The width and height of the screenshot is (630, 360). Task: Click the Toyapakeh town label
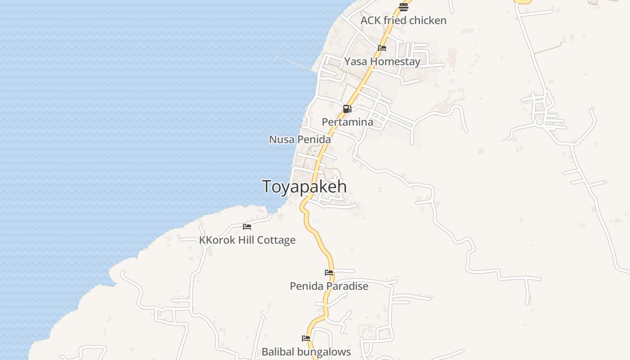304,187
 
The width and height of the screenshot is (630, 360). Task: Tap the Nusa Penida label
300,139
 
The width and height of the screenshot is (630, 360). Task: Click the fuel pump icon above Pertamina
347,109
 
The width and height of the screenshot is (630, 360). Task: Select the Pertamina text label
347,122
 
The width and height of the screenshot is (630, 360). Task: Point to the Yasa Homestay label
382,62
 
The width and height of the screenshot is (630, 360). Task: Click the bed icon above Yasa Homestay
382,48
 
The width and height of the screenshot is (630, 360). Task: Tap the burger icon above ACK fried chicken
403,7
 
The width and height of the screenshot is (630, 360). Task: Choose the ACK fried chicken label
403,21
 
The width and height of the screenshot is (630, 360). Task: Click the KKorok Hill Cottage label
247,240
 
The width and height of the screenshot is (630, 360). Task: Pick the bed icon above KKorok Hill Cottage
247,227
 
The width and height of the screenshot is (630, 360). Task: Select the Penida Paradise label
329,286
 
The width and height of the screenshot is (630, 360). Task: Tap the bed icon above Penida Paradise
329,273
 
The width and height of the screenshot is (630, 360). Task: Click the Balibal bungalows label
306,352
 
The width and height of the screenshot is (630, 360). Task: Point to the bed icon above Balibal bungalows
306,338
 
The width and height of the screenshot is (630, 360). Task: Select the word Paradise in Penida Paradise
347,286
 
